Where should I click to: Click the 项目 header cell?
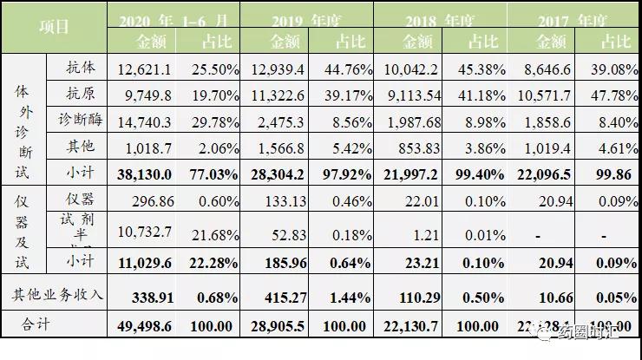[55, 27]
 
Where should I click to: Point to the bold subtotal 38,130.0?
[142, 173]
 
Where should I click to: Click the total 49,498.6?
[142, 327]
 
